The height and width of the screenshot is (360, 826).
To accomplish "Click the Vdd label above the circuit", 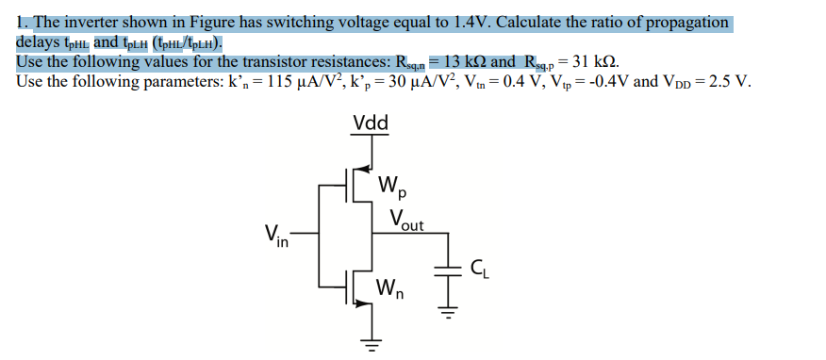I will tap(375, 123).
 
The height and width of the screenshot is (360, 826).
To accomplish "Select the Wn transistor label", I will tap(389, 289).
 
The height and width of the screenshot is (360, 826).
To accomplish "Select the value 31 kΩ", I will tap(596, 62).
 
